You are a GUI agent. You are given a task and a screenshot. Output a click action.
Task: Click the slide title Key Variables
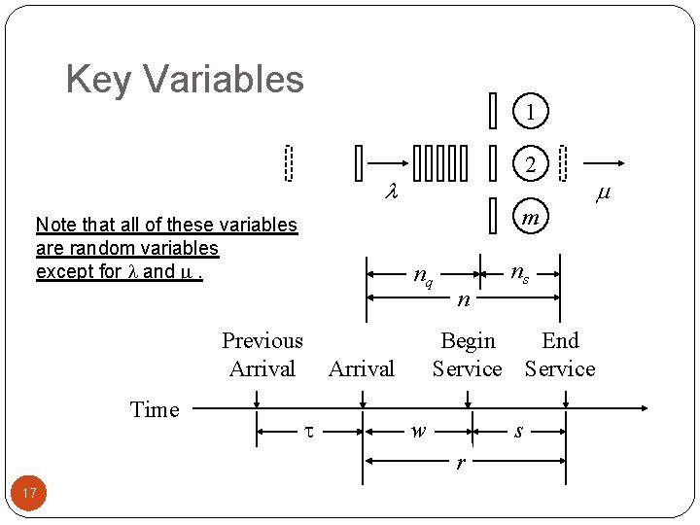(185, 79)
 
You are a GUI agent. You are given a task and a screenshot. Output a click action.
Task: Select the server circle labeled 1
(530, 112)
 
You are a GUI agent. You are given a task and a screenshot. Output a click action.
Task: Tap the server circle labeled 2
(530, 164)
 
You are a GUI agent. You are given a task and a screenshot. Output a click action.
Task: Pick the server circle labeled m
(530, 217)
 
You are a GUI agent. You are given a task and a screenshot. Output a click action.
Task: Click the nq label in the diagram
(423, 276)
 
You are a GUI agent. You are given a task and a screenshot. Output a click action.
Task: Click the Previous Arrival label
(262, 355)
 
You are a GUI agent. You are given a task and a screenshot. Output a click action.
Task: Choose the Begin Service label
(468, 355)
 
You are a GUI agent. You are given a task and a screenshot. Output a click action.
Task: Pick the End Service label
(560, 355)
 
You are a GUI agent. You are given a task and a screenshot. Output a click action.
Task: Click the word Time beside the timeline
(155, 409)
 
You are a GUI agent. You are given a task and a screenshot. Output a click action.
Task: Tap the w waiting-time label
(418, 431)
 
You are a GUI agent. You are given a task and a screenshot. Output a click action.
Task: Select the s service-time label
(518, 431)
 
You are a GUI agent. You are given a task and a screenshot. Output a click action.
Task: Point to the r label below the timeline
(461, 462)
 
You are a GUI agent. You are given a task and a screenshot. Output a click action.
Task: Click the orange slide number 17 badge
(29, 494)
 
